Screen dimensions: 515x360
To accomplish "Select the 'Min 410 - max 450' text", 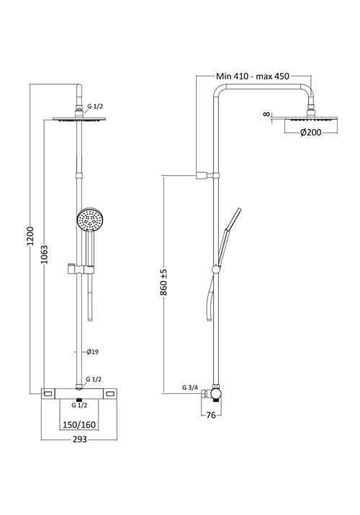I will coord(263,74).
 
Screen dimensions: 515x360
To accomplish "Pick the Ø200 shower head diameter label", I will coord(312,132).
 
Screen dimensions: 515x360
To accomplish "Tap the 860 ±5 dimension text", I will coord(164,282).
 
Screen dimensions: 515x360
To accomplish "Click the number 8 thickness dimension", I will coord(266,113).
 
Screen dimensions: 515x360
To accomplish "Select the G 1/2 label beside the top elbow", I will coord(95,107).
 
